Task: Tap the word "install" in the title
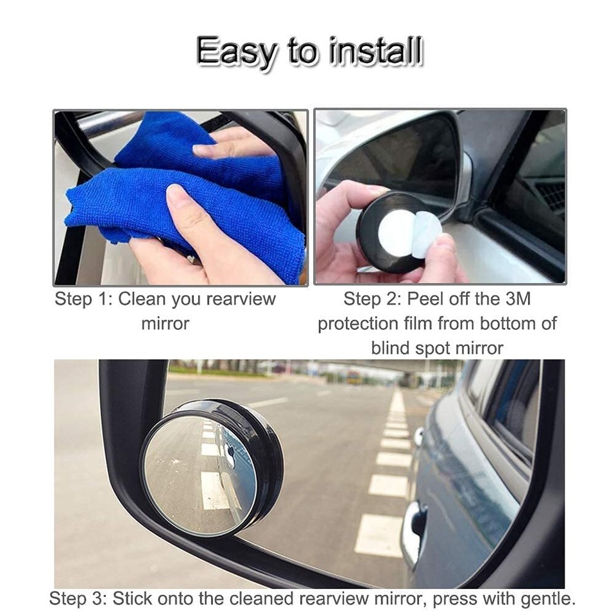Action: click(376, 51)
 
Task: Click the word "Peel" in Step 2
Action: click(426, 299)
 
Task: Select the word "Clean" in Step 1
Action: click(142, 299)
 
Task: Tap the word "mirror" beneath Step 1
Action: click(165, 323)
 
